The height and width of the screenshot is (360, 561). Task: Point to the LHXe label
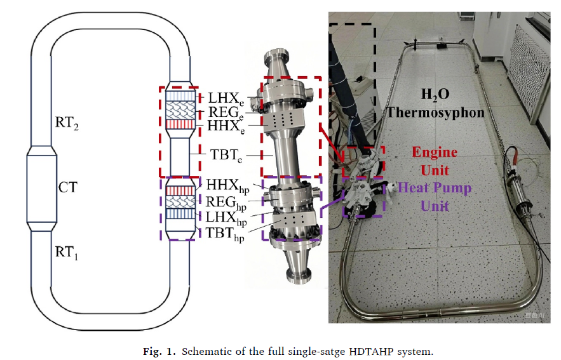(224, 98)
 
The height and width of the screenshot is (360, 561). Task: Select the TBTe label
(226, 154)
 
